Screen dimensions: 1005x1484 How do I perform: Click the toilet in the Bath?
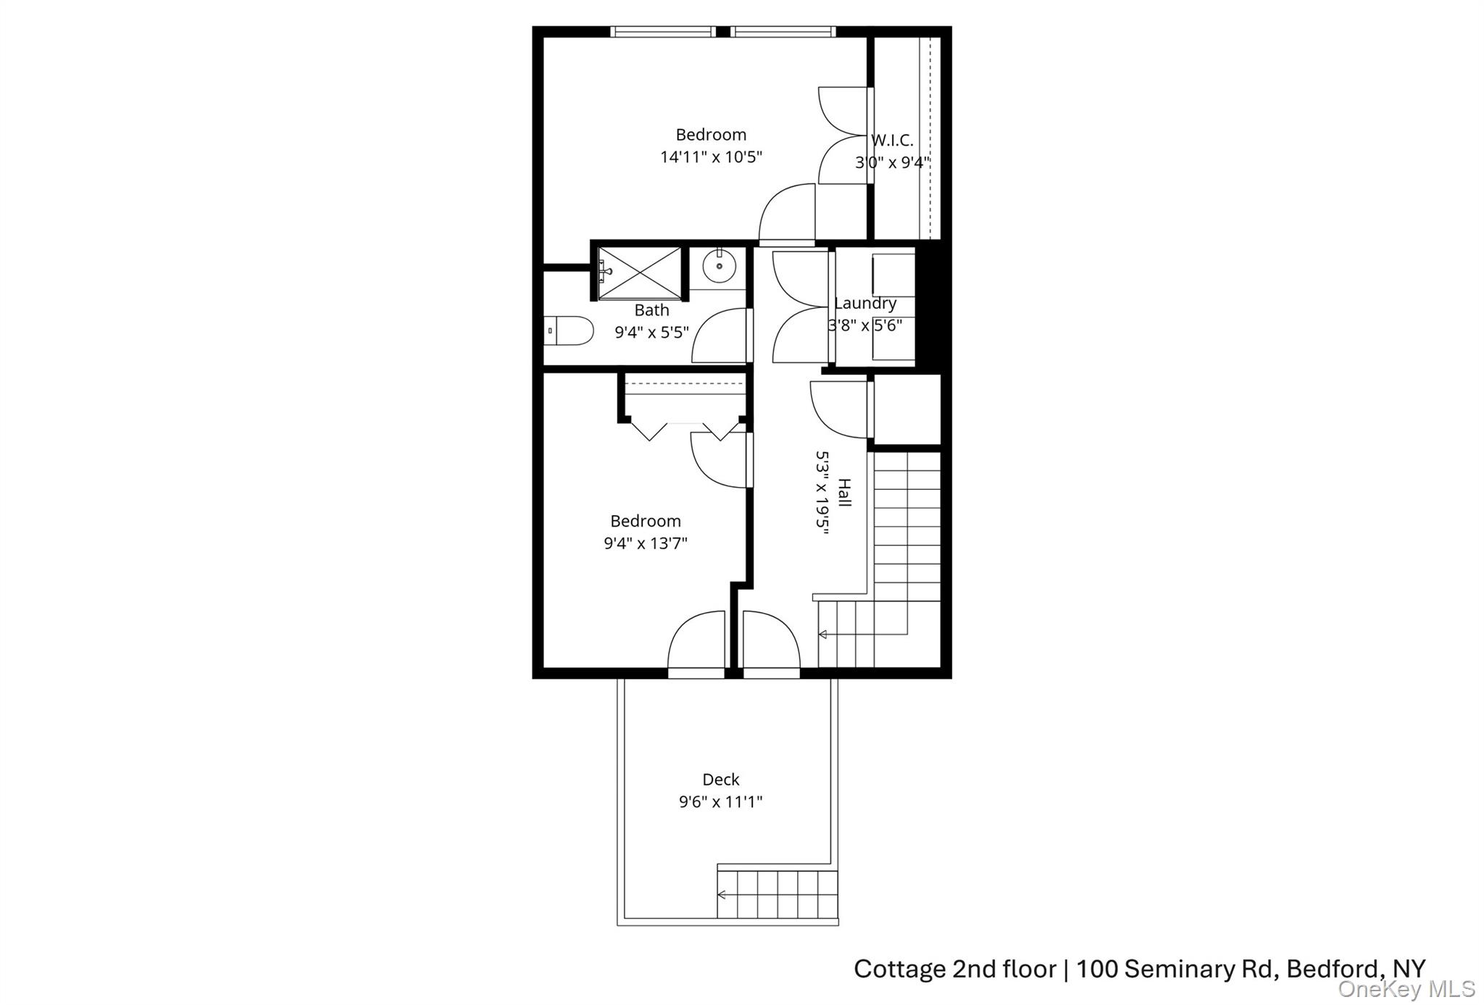pos(570,330)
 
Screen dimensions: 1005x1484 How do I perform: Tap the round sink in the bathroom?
pos(719,267)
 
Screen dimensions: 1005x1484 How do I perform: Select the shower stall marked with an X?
pos(639,272)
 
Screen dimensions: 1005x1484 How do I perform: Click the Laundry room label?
pos(865,304)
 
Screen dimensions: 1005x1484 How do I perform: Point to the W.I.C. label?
pos(892,141)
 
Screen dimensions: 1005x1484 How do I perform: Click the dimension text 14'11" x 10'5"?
pos(711,157)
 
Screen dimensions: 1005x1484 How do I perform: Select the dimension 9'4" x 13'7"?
pos(645,543)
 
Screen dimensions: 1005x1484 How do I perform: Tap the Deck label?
pos(720,780)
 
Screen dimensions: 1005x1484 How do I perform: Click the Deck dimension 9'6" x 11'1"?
pos(720,802)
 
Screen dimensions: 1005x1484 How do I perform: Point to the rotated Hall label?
pos(844,493)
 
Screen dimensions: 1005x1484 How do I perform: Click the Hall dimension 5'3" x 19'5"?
pos(822,493)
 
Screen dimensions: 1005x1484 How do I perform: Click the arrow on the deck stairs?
pos(722,895)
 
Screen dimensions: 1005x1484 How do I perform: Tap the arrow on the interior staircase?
pos(823,635)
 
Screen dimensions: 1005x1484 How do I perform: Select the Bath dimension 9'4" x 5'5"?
pos(651,333)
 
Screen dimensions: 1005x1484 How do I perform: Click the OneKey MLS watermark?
pos(1406,989)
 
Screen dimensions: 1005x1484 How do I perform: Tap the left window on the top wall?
pos(662,32)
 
